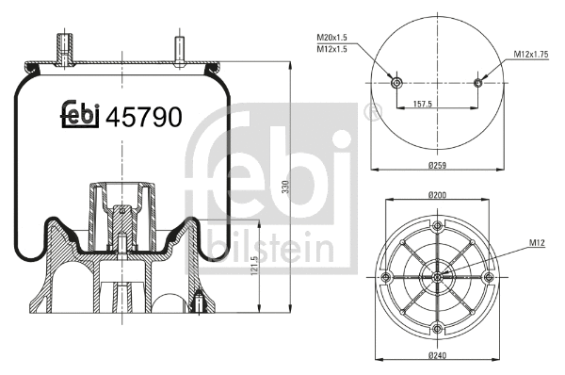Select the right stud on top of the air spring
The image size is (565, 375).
(178, 47)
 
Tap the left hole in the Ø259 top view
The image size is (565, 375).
(396, 83)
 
